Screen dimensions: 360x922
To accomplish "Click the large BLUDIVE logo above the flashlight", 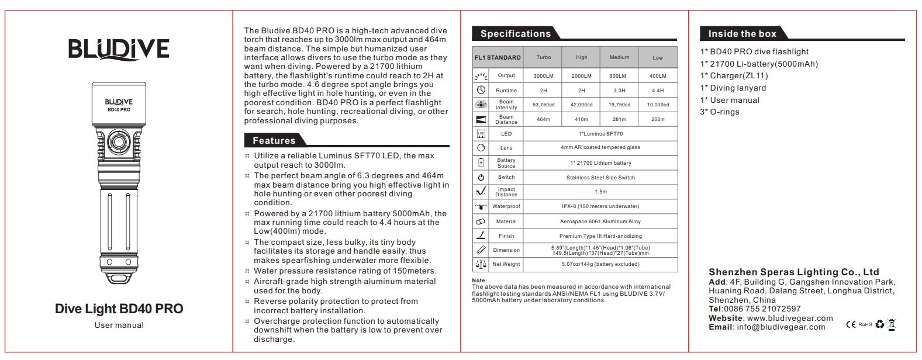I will (x=119, y=50).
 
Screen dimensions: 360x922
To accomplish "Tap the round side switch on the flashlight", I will (x=119, y=142).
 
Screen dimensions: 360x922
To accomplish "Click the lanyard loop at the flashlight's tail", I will (x=119, y=278).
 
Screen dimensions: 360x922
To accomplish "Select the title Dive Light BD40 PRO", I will (x=119, y=309).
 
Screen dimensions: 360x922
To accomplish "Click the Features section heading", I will (x=274, y=140).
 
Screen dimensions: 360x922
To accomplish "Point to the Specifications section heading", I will (x=515, y=34).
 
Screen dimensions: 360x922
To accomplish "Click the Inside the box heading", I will (x=742, y=34).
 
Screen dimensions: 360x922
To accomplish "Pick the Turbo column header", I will (x=543, y=57).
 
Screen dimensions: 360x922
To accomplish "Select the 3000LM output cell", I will (x=543, y=76).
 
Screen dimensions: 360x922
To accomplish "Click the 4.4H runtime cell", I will (x=657, y=91).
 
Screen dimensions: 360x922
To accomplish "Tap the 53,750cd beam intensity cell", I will (x=543, y=105).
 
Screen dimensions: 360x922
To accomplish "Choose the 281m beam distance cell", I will (x=619, y=119).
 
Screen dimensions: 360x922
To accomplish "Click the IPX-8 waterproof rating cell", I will (x=600, y=206).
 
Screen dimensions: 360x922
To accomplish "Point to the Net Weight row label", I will (x=506, y=264).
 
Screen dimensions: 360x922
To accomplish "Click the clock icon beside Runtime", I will (x=481, y=90).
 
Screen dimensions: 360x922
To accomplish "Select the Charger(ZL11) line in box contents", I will (x=734, y=75).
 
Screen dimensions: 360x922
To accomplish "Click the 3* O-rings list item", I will (x=719, y=112).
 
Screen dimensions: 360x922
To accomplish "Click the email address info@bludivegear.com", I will (x=781, y=327).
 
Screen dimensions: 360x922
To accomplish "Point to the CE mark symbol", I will (x=851, y=324).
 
